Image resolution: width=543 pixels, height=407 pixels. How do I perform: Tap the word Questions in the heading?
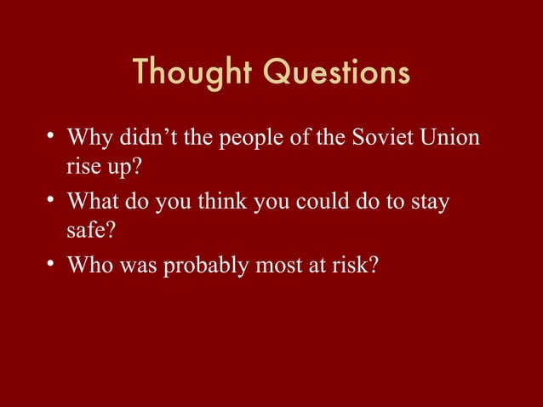(334, 74)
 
